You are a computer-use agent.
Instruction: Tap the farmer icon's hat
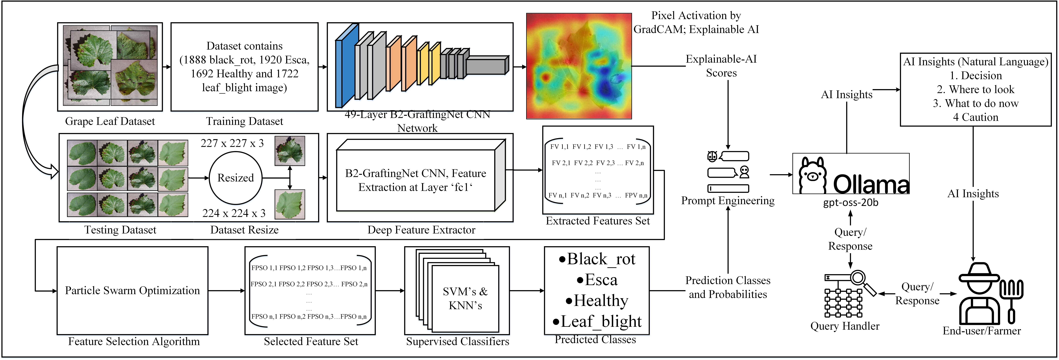979,273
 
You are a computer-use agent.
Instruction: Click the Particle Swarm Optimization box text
132,291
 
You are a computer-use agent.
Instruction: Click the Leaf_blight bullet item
597,321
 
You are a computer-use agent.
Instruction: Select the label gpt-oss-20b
850,203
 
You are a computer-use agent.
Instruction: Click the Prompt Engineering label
728,201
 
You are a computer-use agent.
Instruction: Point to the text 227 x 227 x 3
232,143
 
